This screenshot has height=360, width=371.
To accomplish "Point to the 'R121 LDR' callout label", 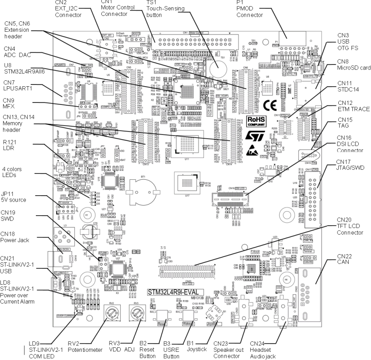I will pos(10,144).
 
